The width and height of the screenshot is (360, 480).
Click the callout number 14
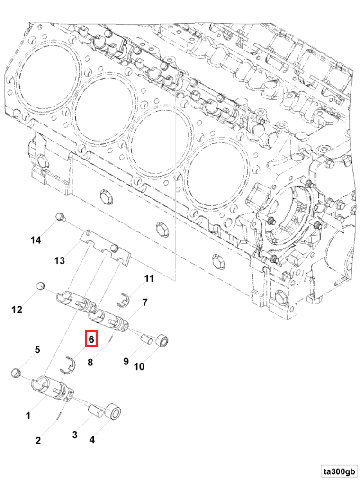tap(36, 240)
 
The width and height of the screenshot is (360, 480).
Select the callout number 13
tap(59, 260)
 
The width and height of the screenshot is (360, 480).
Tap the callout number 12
tap(17, 310)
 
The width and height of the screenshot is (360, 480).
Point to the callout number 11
tap(149, 279)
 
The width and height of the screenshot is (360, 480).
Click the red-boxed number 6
tap(91, 339)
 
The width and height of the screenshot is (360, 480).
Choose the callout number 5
tap(36, 350)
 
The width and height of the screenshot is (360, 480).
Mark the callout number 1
tap(28, 416)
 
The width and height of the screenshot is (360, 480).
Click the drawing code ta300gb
tap(339, 471)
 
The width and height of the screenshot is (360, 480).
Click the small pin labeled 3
tap(98, 409)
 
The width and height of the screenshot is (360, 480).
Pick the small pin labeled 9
tap(147, 339)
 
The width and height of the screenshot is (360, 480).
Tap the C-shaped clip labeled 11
tap(124, 300)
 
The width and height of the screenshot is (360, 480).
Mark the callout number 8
tap(90, 363)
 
